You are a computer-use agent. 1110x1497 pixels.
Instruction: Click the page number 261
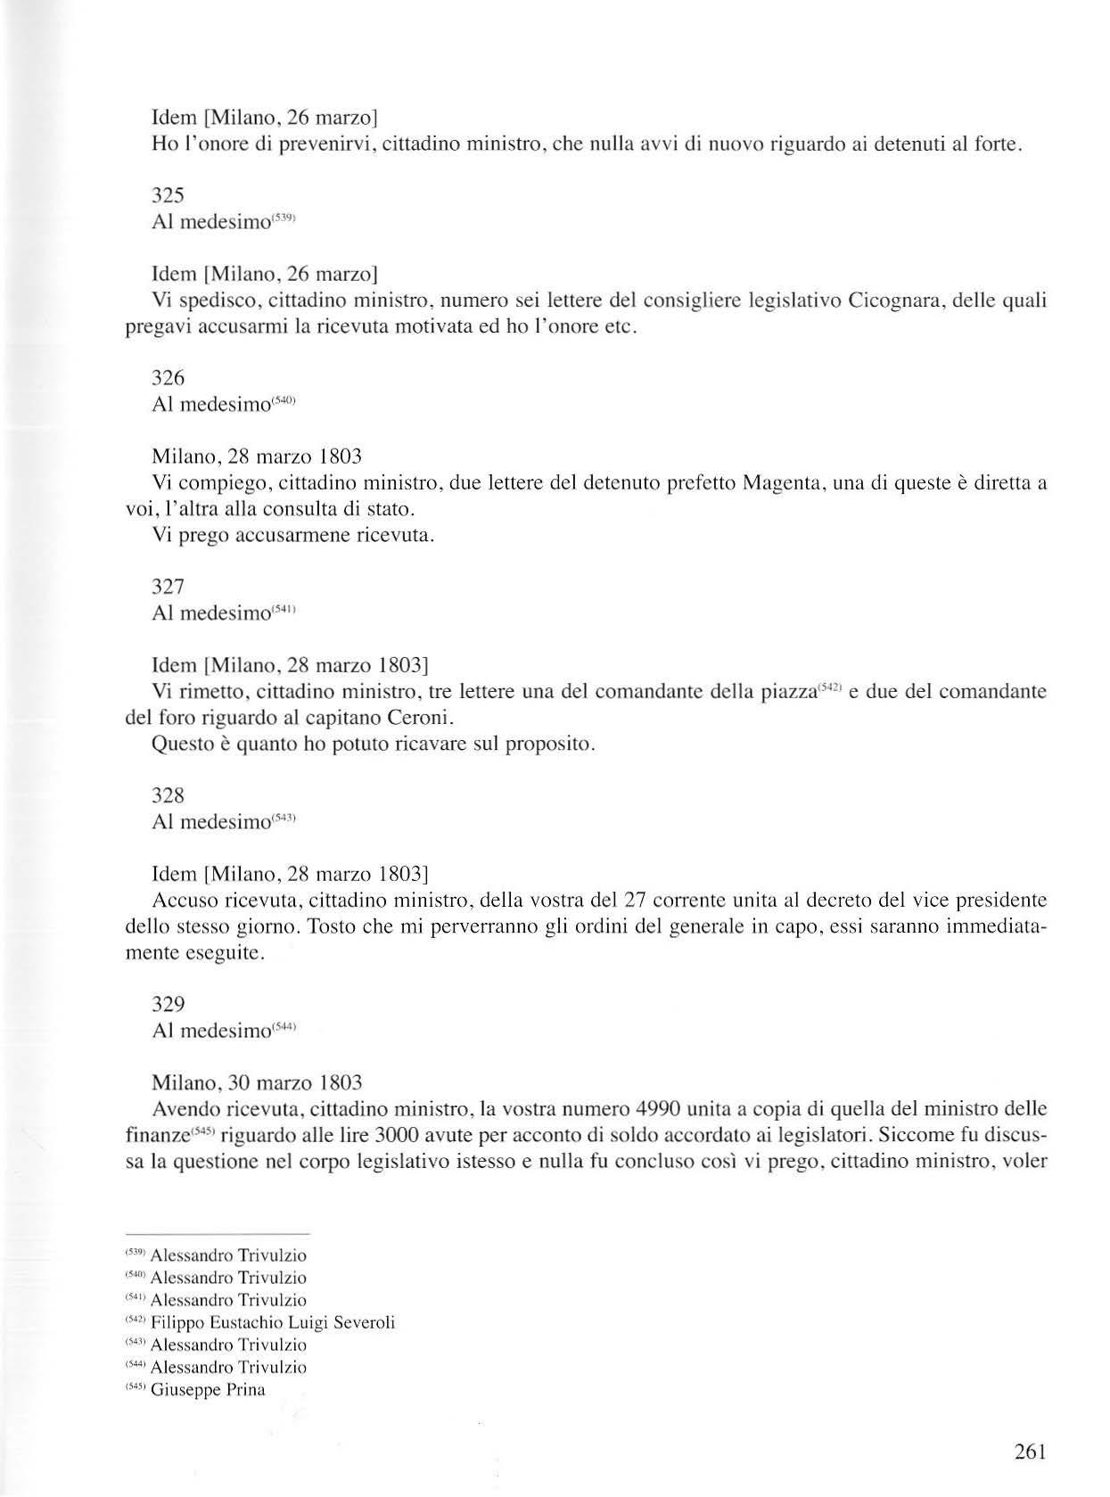(1029, 1451)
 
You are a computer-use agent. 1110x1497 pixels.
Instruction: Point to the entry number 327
(169, 587)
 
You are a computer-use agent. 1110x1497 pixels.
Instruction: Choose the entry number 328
(169, 794)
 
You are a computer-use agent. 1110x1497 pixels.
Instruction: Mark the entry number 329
(169, 1004)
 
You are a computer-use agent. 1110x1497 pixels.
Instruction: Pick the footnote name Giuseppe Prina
(209, 1389)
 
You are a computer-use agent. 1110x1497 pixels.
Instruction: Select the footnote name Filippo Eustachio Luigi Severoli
(273, 1322)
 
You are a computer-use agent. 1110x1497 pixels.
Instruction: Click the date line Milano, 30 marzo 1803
(257, 1083)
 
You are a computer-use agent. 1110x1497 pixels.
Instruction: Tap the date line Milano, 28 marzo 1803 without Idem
(257, 457)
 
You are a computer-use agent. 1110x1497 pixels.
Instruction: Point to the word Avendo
(186, 1110)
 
